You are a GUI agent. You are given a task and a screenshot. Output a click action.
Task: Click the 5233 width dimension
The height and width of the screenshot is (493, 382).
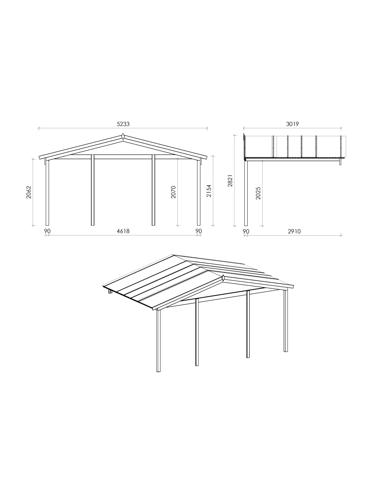(123, 124)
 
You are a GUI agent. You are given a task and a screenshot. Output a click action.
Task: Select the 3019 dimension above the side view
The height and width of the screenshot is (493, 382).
(292, 124)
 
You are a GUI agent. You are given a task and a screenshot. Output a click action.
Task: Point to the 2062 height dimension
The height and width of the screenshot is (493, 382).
(28, 192)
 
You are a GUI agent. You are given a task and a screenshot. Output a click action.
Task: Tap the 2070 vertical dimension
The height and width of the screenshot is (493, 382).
(173, 192)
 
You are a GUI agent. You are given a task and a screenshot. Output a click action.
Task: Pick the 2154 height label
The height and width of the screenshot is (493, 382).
(209, 191)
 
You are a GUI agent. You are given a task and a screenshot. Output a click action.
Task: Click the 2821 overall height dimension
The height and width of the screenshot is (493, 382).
(231, 181)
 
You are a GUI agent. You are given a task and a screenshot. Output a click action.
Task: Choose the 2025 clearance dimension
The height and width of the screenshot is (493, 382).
(258, 193)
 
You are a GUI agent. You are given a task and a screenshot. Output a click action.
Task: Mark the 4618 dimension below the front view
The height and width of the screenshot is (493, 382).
(123, 231)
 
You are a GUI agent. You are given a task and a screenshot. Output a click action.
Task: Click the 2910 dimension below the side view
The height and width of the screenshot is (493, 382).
(294, 231)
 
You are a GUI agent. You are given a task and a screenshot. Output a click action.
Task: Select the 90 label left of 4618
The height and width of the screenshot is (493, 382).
(47, 231)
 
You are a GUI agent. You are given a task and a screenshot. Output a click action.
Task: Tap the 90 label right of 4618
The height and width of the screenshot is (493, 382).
(199, 231)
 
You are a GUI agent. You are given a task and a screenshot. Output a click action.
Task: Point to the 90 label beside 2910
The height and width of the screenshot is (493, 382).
(246, 231)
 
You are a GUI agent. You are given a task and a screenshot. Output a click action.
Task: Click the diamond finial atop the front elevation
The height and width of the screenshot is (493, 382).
(123, 137)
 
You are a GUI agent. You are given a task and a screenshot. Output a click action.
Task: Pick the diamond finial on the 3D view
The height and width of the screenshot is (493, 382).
(223, 278)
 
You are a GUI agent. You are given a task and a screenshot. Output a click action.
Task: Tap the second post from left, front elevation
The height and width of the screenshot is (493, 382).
(92, 190)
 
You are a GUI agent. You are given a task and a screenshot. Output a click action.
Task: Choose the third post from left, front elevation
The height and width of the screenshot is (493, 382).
(153, 190)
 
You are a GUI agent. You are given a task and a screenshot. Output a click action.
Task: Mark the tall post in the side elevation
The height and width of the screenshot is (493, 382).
(246, 193)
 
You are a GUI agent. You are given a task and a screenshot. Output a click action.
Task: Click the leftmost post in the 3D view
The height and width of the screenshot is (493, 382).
(158, 340)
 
